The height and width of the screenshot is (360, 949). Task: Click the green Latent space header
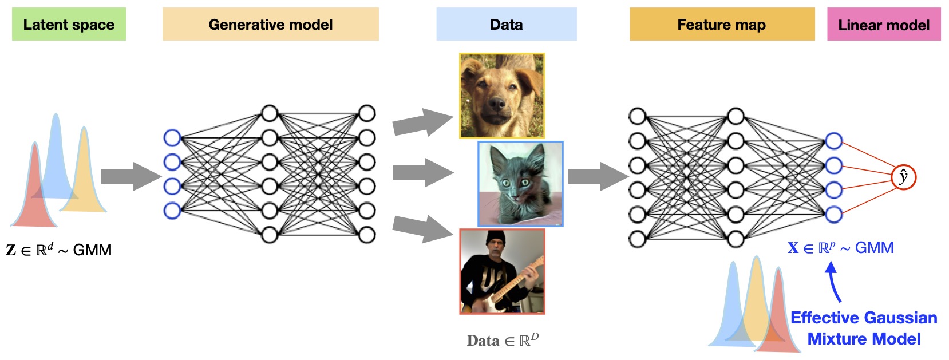point(69,25)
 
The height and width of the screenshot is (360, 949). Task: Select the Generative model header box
point(270,25)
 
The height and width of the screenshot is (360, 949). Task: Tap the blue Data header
point(506,25)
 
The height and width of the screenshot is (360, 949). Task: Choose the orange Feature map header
point(721,25)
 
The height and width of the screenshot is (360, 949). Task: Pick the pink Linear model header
point(883,25)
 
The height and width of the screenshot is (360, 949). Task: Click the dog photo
point(502,96)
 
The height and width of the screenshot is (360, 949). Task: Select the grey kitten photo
point(520,184)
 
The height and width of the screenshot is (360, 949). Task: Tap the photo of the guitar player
point(502,271)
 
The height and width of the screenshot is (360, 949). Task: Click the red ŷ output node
point(903,177)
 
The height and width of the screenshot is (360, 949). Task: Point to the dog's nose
point(497,105)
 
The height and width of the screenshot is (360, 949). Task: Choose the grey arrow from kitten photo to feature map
point(598,176)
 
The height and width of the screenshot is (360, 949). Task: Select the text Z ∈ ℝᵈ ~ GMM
point(59,250)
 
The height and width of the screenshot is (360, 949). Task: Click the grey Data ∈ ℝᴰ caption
point(503,341)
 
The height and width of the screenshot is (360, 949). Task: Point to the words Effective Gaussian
point(863,318)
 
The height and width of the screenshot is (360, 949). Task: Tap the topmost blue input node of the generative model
point(172,138)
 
